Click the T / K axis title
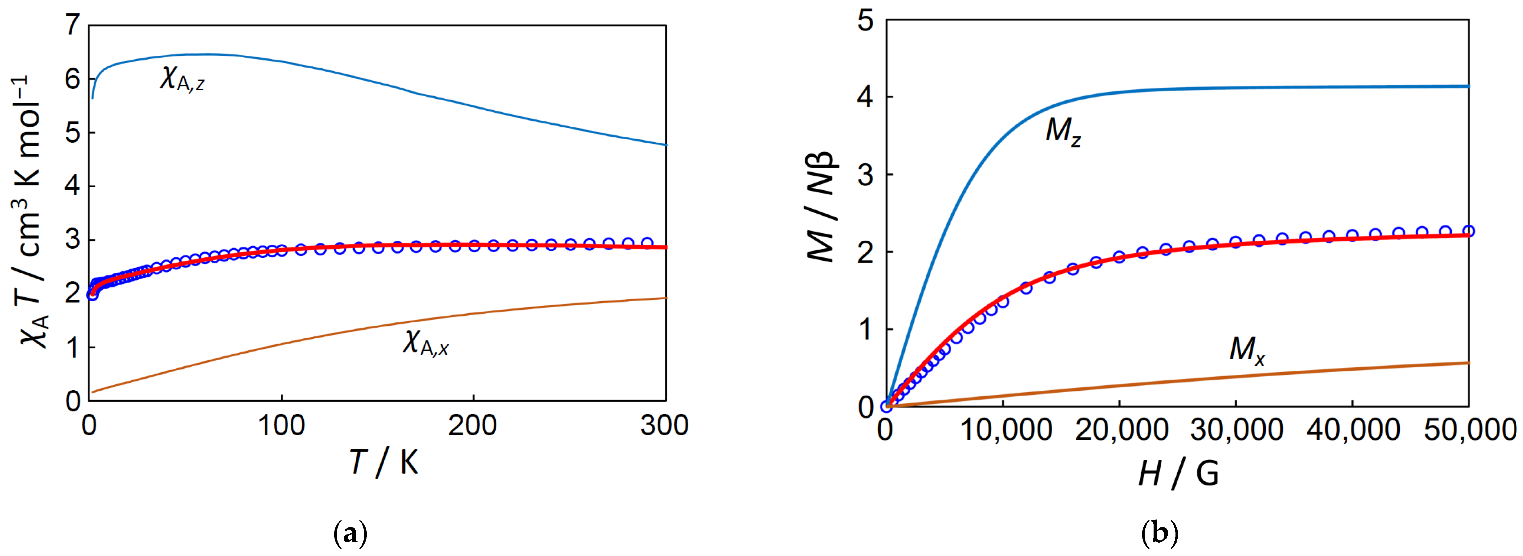(x=384, y=462)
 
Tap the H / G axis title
(x=1178, y=474)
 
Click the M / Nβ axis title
(x=821, y=207)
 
